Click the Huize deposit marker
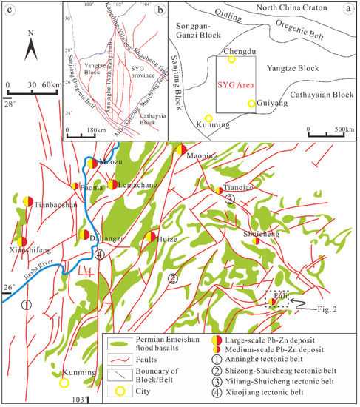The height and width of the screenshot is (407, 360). (x=150, y=237)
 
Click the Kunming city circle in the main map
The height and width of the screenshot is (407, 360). (x=65, y=383)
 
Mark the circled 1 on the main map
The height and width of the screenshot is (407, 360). (x=27, y=304)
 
